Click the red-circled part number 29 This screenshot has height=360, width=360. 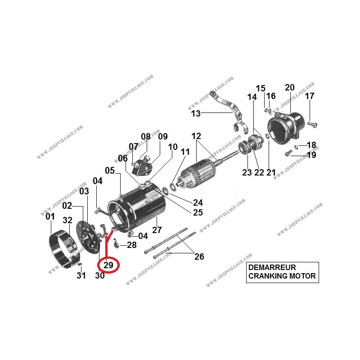pyautogui.click(x=108, y=265)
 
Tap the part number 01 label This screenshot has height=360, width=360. pyautogui.click(x=50, y=217)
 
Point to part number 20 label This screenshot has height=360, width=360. pyautogui.click(x=290, y=87)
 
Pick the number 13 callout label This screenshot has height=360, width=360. pyautogui.click(x=196, y=113)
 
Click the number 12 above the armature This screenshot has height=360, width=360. pyautogui.click(x=196, y=136)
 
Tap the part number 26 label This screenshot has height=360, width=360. pyautogui.click(x=199, y=256)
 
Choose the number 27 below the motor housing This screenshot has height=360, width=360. pyautogui.click(x=157, y=230)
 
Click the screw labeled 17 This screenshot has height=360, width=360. pyautogui.click(x=313, y=121)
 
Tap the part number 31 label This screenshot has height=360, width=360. pyautogui.click(x=81, y=276)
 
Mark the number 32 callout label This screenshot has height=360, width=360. pyautogui.click(x=67, y=220)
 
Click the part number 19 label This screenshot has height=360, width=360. pyautogui.click(x=311, y=155)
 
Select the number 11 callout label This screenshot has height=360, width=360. pyautogui.click(x=185, y=152)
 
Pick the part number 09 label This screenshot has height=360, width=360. pyautogui.click(x=162, y=136)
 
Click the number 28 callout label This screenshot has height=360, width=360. pyautogui.click(x=131, y=245)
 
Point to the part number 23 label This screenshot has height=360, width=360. pyautogui.click(x=247, y=172)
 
